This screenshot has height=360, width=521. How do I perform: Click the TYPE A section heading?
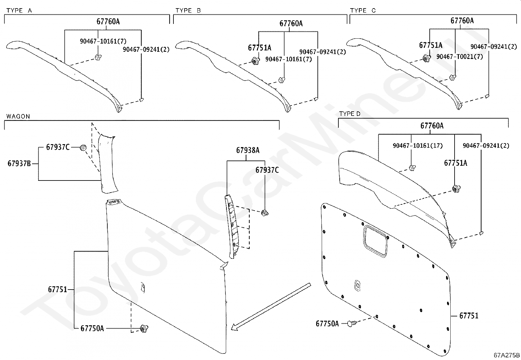19,10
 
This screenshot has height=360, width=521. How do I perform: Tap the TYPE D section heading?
350,114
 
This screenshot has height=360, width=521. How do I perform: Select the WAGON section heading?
18,116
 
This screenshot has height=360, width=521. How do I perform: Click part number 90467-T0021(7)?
459,57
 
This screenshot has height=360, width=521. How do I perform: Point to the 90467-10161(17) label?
418,145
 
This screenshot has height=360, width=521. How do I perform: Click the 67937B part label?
19,163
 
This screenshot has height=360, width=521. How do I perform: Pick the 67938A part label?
248,150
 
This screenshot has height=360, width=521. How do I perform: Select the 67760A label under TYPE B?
291,24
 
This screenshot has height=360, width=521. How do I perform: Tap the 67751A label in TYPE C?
431,45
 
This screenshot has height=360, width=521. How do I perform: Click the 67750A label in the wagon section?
92,328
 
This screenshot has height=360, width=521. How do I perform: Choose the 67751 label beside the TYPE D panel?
469,316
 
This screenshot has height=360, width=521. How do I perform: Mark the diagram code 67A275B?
507,355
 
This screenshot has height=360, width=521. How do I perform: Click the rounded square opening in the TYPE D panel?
375,240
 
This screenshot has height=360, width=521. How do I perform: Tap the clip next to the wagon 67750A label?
144,328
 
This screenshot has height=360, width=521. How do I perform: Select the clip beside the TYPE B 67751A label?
255,61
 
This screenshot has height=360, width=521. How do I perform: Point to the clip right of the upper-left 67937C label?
83,148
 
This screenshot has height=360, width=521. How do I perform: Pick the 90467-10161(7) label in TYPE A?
103,41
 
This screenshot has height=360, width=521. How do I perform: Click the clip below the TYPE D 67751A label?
455,188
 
